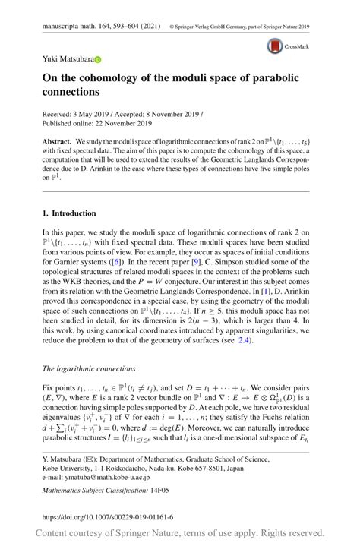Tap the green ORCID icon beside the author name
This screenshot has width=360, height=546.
(x=97, y=59)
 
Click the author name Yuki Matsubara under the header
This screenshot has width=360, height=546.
(x=67, y=59)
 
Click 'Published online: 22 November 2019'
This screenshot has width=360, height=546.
(x=96, y=122)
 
